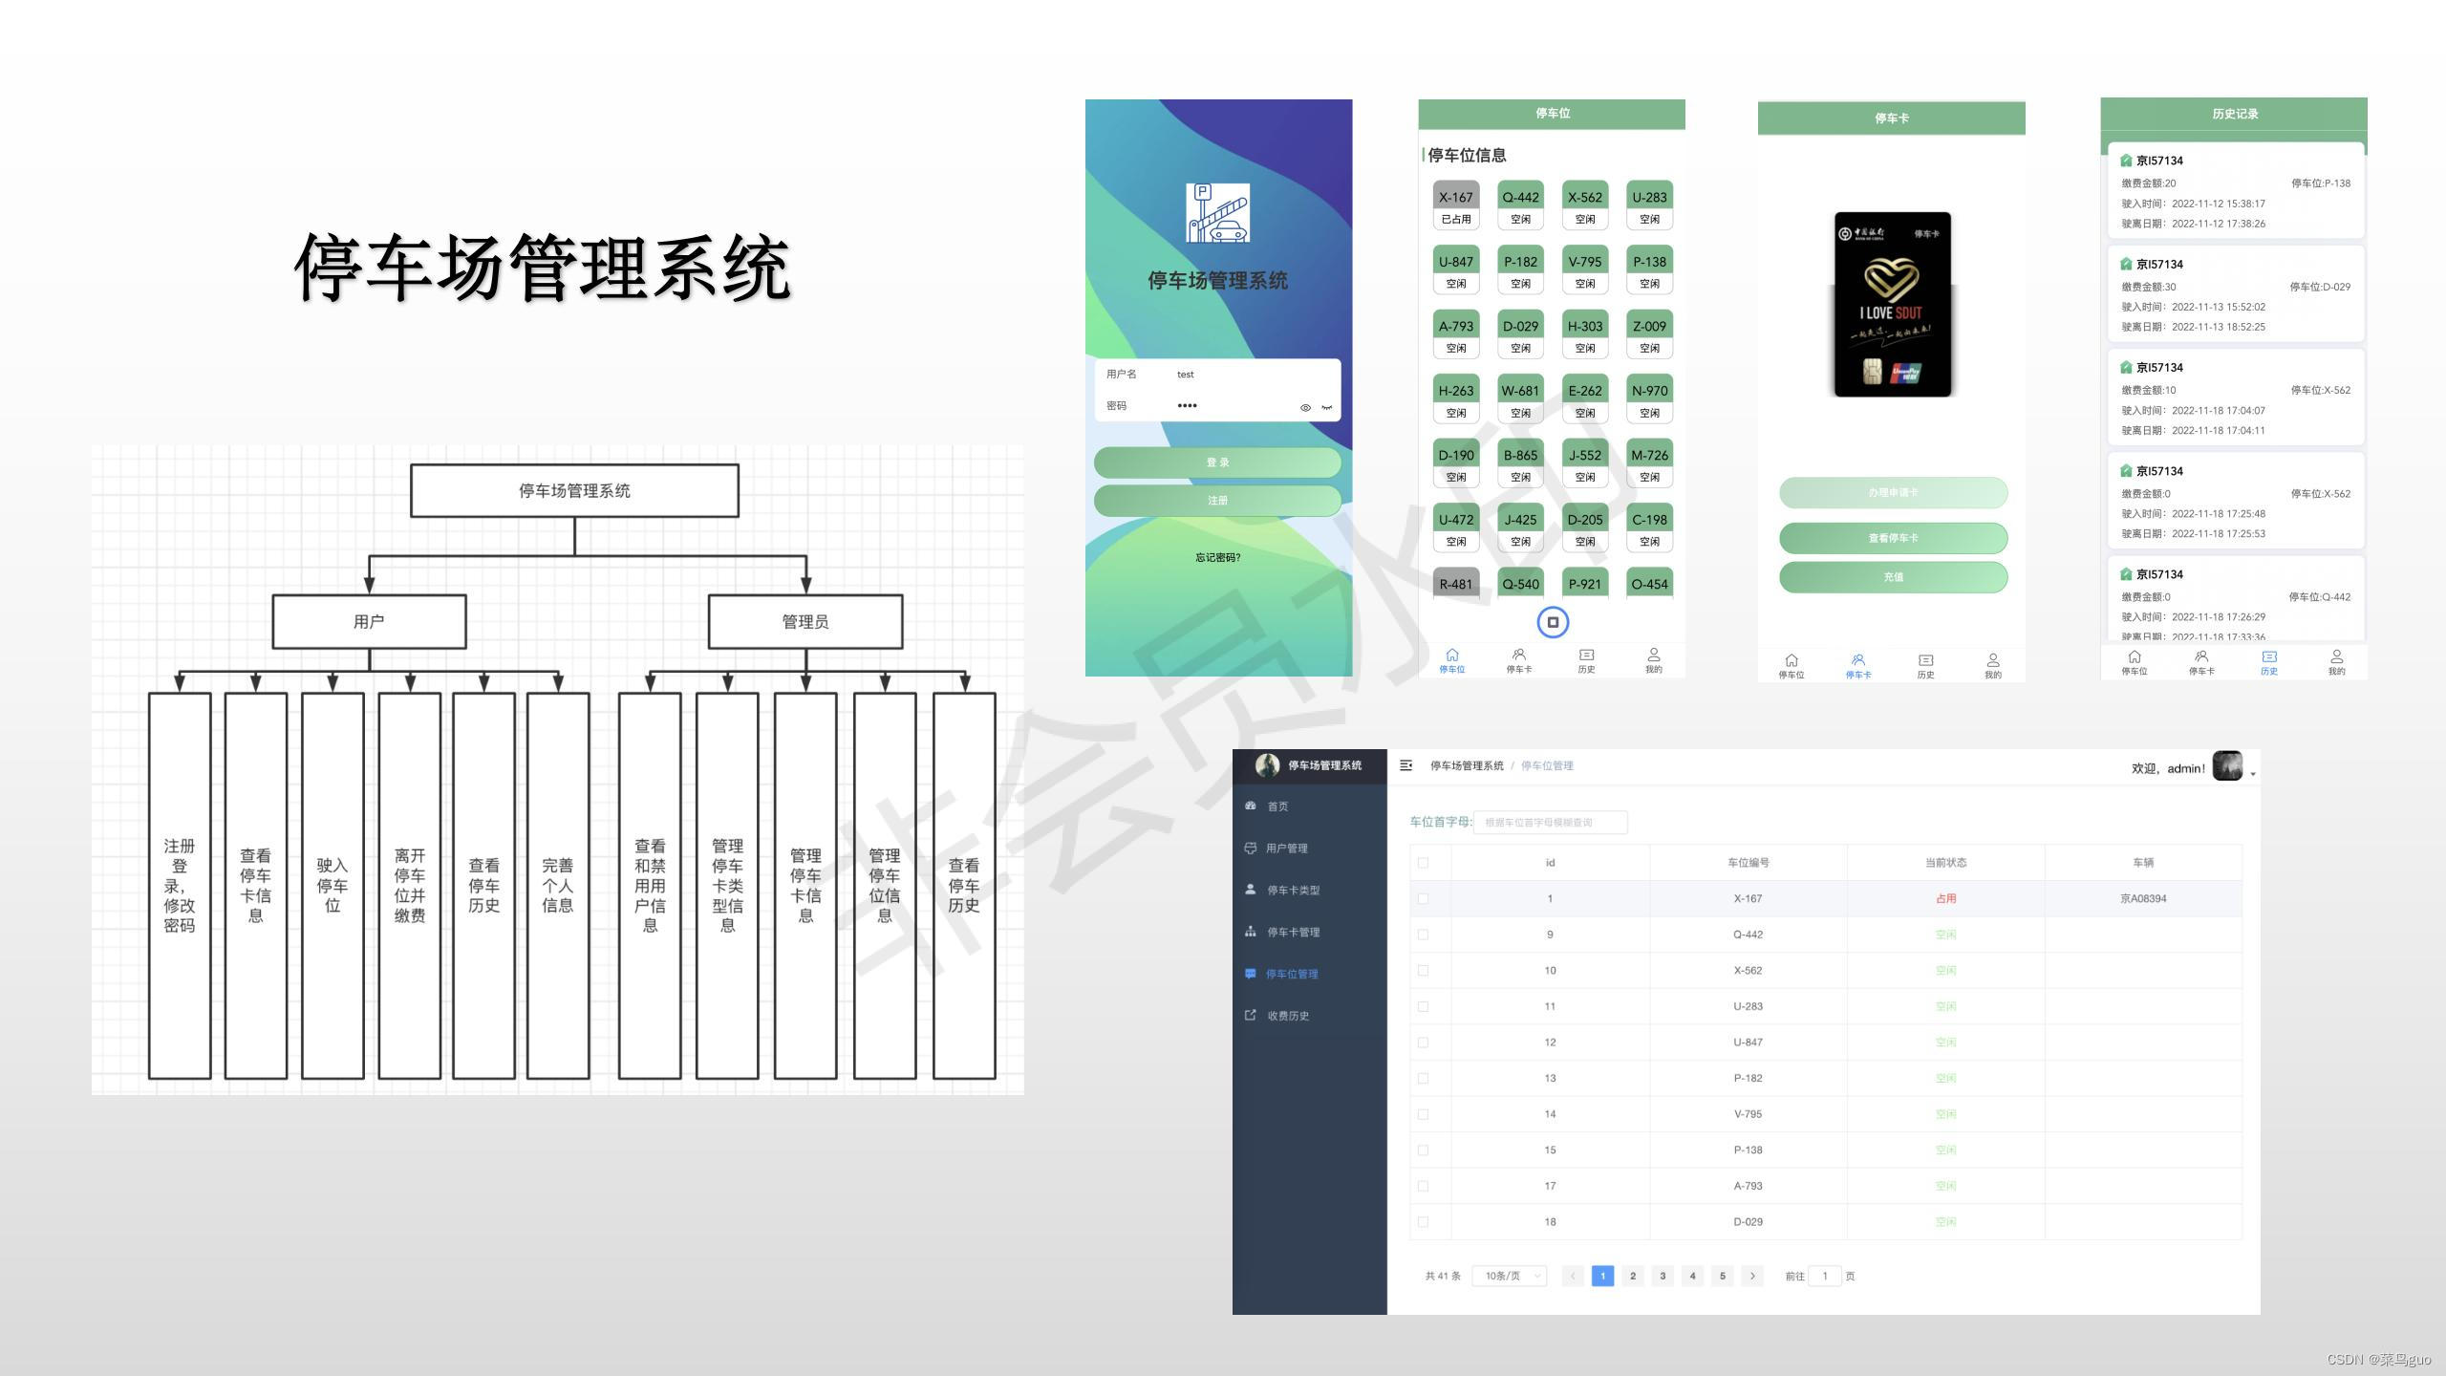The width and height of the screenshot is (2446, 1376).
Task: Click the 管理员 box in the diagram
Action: point(805,622)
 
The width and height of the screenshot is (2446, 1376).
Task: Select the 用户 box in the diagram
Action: point(369,622)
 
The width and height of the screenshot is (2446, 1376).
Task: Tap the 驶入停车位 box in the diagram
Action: point(333,885)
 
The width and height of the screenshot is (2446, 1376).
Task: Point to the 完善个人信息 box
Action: point(558,885)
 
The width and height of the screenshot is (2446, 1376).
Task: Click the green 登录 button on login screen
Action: point(1217,462)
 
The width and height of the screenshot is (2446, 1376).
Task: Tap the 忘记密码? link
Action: point(1217,557)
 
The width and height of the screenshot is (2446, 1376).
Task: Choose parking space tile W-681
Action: point(1520,399)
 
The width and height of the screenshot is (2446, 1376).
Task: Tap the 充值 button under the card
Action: point(1893,577)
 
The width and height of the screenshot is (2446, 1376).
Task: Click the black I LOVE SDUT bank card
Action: point(1892,304)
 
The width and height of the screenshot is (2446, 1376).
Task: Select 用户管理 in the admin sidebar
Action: point(1286,849)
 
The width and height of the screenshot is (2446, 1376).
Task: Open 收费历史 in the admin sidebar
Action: point(1287,1016)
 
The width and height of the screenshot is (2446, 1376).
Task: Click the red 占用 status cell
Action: point(1945,898)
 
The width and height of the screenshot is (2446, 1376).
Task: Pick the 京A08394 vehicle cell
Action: point(2143,898)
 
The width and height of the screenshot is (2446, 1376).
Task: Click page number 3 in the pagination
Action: point(1663,1276)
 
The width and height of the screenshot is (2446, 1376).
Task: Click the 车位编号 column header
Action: point(1748,863)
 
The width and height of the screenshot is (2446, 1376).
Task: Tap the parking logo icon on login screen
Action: point(1217,213)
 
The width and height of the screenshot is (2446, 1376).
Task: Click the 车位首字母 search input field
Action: point(1550,822)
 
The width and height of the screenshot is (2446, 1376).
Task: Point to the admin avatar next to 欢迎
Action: point(2227,766)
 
